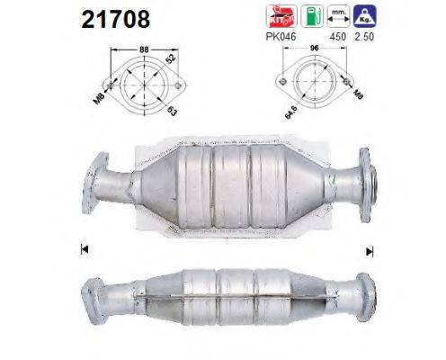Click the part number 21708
click(x=115, y=19)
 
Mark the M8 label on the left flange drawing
click(x=102, y=90)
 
